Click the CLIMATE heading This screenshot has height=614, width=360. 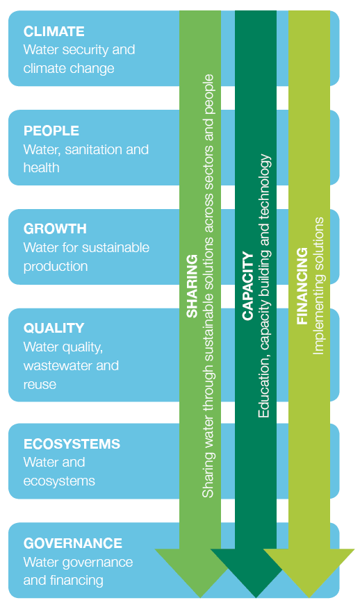point(54,31)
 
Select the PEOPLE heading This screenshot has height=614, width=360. point(51,131)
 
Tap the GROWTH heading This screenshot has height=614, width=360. point(55,229)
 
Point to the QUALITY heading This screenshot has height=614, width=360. point(54,328)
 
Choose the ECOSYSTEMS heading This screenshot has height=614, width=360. point(72,444)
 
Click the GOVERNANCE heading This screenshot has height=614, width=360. point(73,543)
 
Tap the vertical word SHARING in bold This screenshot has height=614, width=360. point(192,286)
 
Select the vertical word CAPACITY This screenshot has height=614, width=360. point(247,286)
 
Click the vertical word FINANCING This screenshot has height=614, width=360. point(302,286)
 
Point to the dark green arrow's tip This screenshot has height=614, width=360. point(256,597)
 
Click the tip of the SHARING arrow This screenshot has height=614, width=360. point(201,597)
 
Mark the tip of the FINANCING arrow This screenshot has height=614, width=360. point(309,597)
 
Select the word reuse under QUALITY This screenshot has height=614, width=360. point(40,385)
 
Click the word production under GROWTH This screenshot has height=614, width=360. point(55,267)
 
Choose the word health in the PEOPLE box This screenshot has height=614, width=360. point(41,167)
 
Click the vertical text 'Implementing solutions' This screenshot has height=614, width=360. point(318,286)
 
